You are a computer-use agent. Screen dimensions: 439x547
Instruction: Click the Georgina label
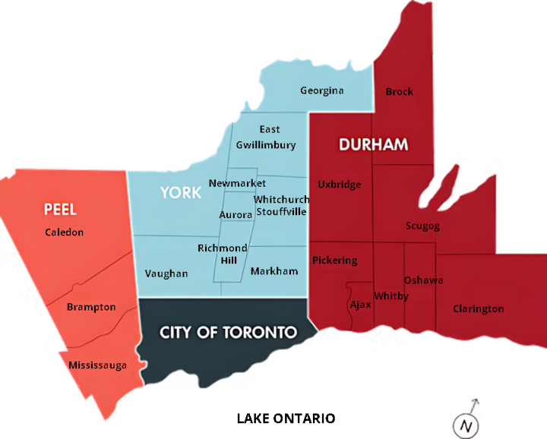tap(321, 90)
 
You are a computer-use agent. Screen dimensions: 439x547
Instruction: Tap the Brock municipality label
tap(399, 92)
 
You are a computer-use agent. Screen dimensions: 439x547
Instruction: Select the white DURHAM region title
tap(373, 144)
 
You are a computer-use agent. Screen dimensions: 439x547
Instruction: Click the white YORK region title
tap(181, 192)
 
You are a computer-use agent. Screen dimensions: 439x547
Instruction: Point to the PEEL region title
tap(60, 209)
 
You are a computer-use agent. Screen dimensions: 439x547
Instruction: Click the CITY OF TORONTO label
tap(228, 333)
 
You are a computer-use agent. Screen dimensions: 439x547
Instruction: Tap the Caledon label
tap(64, 232)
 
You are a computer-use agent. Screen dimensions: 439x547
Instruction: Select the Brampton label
tap(91, 307)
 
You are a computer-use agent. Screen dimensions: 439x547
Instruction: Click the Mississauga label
tap(97, 365)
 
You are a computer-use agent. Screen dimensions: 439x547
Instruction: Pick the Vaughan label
tap(166, 273)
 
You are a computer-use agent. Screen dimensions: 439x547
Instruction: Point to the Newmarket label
tap(237, 184)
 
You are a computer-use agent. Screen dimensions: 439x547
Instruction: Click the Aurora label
tap(236, 215)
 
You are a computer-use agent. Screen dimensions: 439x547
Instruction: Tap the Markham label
tap(273, 271)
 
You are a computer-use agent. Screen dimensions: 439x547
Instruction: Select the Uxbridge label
tap(339, 185)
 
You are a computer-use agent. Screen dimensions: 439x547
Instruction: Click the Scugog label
tap(422, 226)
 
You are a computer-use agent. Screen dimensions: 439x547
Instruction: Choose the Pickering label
tap(334, 261)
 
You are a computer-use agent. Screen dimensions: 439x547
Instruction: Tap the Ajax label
tap(359, 305)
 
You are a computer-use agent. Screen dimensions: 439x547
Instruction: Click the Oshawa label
tap(423, 280)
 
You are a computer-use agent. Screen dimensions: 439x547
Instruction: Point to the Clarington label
tap(478, 309)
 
